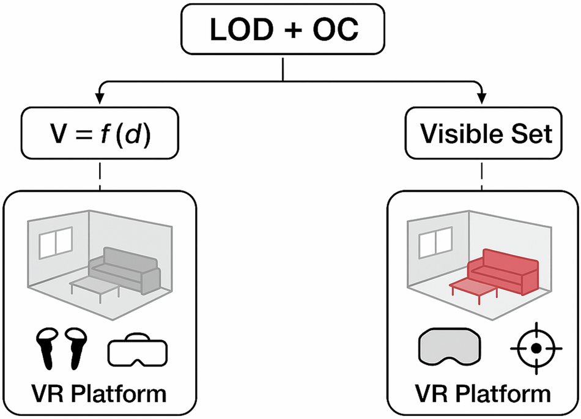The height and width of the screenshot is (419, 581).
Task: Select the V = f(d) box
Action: point(99,133)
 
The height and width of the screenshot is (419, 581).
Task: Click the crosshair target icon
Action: point(536,349)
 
